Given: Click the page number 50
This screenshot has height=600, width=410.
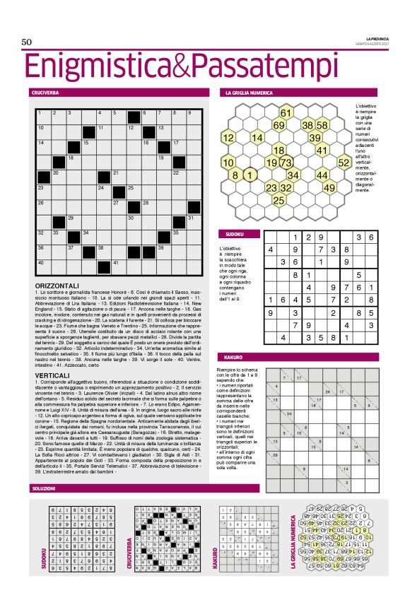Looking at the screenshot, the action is click(x=28, y=42).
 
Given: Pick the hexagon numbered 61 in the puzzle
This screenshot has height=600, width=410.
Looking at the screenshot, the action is click(x=286, y=112).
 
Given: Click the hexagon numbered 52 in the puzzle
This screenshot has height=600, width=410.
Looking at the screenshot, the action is click(x=344, y=163).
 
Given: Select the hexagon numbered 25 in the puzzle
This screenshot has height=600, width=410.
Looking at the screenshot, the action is click(x=279, y=201).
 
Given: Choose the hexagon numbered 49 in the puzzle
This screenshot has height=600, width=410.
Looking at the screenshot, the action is click(x=329, y=188).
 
